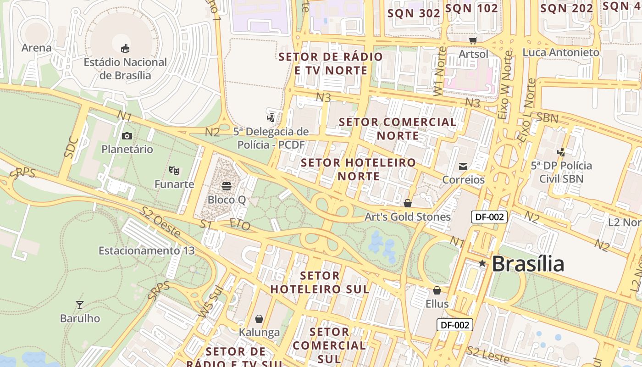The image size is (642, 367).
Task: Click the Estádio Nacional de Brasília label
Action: [x=125, y=68]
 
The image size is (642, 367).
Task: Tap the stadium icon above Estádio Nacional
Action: [x=125, y=48]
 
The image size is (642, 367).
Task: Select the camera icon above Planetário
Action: [x=127, y=136]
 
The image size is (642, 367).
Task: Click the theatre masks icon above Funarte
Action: [x=174, y=171]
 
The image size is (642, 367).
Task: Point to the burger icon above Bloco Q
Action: [x=227, y=186]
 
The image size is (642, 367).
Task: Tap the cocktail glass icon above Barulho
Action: [x=80, y=305]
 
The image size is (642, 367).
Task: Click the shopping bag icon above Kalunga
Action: [x=259, y=319]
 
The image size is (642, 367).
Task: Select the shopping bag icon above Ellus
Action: [x=437, y=290]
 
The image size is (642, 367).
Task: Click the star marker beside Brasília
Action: [x=482, y=263]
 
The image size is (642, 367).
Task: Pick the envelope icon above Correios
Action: [x=463, y=166]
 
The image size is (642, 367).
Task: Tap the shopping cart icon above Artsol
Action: [x=473, y=40]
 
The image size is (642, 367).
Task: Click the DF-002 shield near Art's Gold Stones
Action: [x=489, y=217]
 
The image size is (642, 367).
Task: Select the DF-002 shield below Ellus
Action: [x=454, y=325]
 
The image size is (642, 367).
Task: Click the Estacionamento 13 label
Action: [x=147, y=251]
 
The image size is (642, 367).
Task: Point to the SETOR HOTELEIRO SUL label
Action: [x=320, y=283]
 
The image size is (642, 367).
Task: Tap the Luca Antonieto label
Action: [x=561, y=52]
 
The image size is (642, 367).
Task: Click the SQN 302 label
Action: [x=414, y=13]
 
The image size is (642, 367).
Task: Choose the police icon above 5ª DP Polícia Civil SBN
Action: [x=561, y=152]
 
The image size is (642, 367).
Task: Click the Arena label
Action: [x=37, y=48]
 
